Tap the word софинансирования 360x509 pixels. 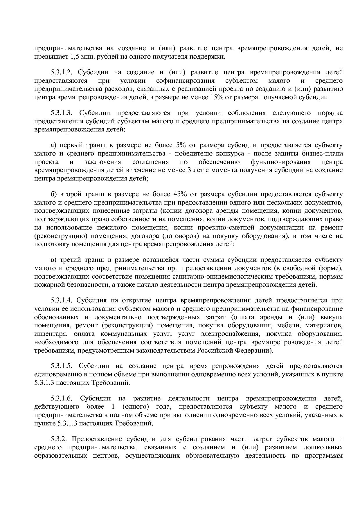coord(185,80)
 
